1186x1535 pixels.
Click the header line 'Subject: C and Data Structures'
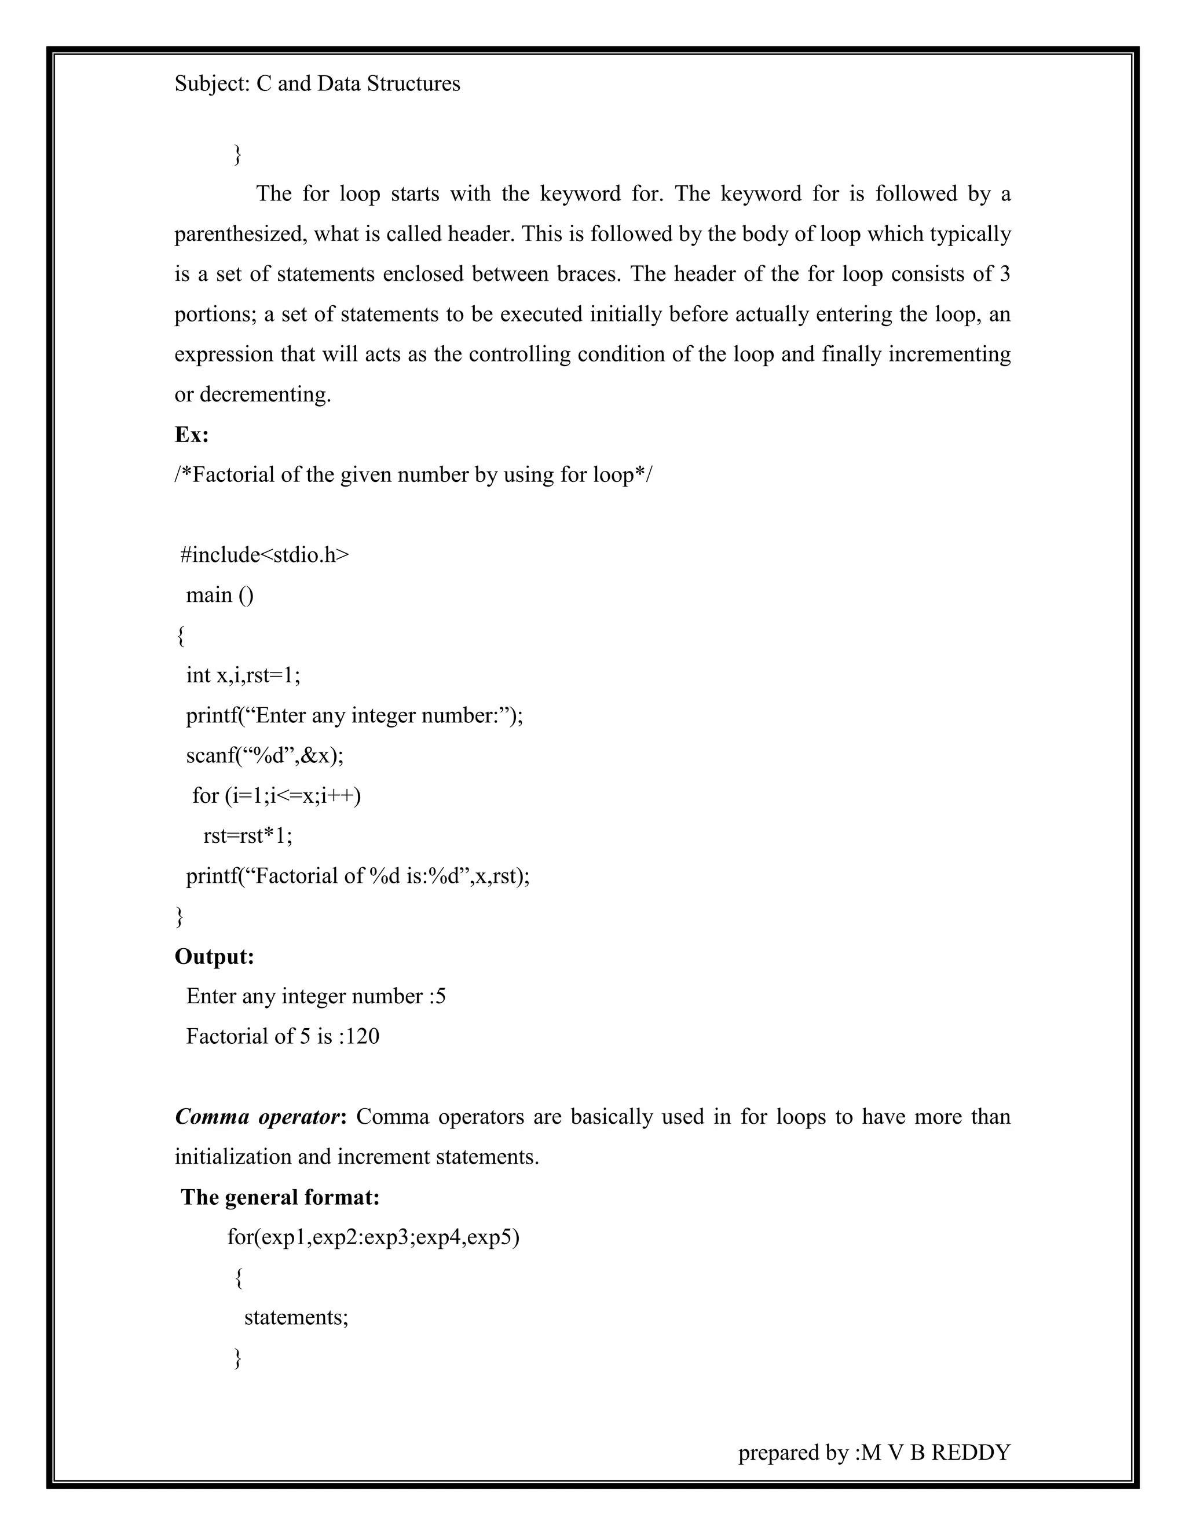coord(317,83)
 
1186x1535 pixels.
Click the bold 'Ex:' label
coord(191,434)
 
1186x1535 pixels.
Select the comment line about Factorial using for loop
coord(413,475)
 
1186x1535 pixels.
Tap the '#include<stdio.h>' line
coord(264,555)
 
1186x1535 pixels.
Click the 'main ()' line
coord(219,595)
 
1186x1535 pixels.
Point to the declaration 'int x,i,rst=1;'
coord(243,675)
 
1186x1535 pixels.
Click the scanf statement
coord(264,755)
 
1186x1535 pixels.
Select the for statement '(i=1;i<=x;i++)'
coord(276,796)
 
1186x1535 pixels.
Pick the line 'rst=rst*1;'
coord(247,836)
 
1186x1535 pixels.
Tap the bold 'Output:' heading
coord(214,956)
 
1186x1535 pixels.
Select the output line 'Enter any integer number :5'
coord(316,997)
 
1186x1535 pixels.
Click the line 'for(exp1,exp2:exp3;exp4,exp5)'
coord(372,1237)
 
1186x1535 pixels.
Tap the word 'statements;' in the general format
coord(296,1317)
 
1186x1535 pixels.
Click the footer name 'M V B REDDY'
coord(936,1452)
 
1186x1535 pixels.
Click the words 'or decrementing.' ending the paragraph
coord(252,394)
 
